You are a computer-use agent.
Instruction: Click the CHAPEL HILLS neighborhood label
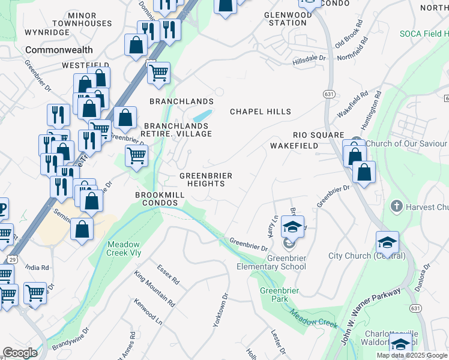click(261, 112)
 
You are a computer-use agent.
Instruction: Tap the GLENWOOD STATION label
click(287, 19)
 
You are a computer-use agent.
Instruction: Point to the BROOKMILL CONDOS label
click(156, 199)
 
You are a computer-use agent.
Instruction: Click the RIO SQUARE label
click(318, 135)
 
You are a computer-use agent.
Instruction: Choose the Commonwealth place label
click(59, 50)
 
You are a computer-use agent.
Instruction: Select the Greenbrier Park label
click(275, 295)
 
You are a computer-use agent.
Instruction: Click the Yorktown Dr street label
click(221, 310)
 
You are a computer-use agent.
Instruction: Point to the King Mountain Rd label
click(154, 289)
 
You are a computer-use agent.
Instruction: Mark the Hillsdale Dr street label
click(309, 59)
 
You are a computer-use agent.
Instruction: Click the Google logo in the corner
click(20, 353)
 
